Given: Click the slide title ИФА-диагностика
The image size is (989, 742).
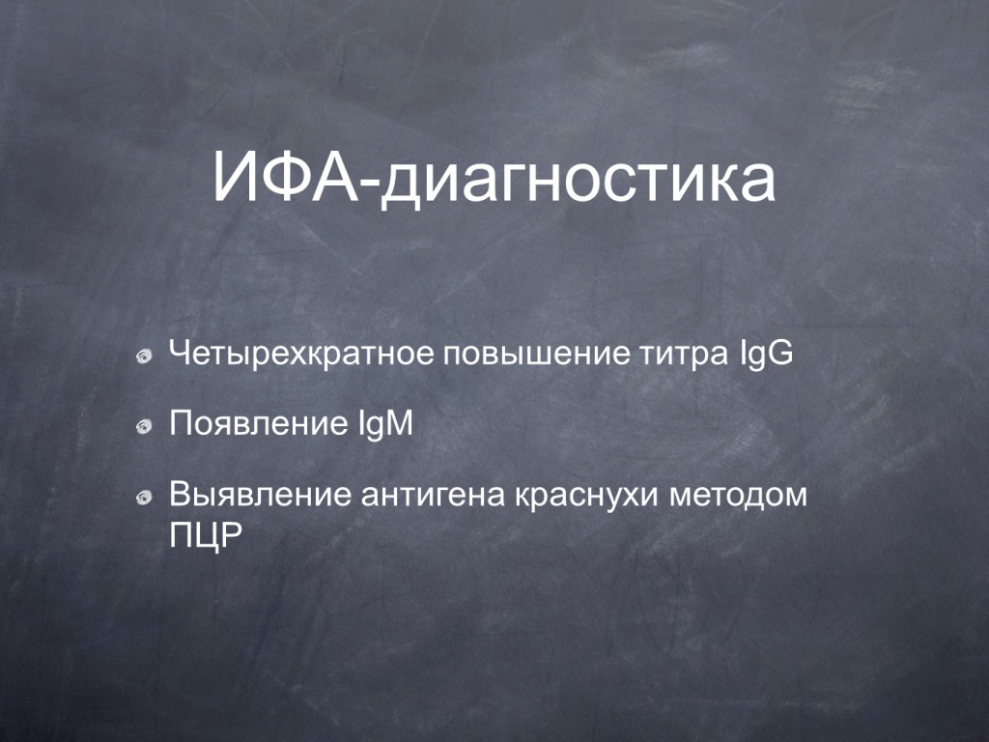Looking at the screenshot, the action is click(494, 179).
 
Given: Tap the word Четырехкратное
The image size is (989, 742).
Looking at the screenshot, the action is click(301, 355).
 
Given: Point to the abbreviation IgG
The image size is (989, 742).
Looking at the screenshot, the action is click(765, 355).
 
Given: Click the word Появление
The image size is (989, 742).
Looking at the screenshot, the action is click(254, 423).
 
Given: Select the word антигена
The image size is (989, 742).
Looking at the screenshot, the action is click(434, 496).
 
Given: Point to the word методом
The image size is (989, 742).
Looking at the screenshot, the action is click(738, 496).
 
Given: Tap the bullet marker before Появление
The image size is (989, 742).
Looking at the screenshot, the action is click(145, 427).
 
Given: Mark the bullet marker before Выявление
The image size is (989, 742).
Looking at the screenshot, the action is click(145, 499).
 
